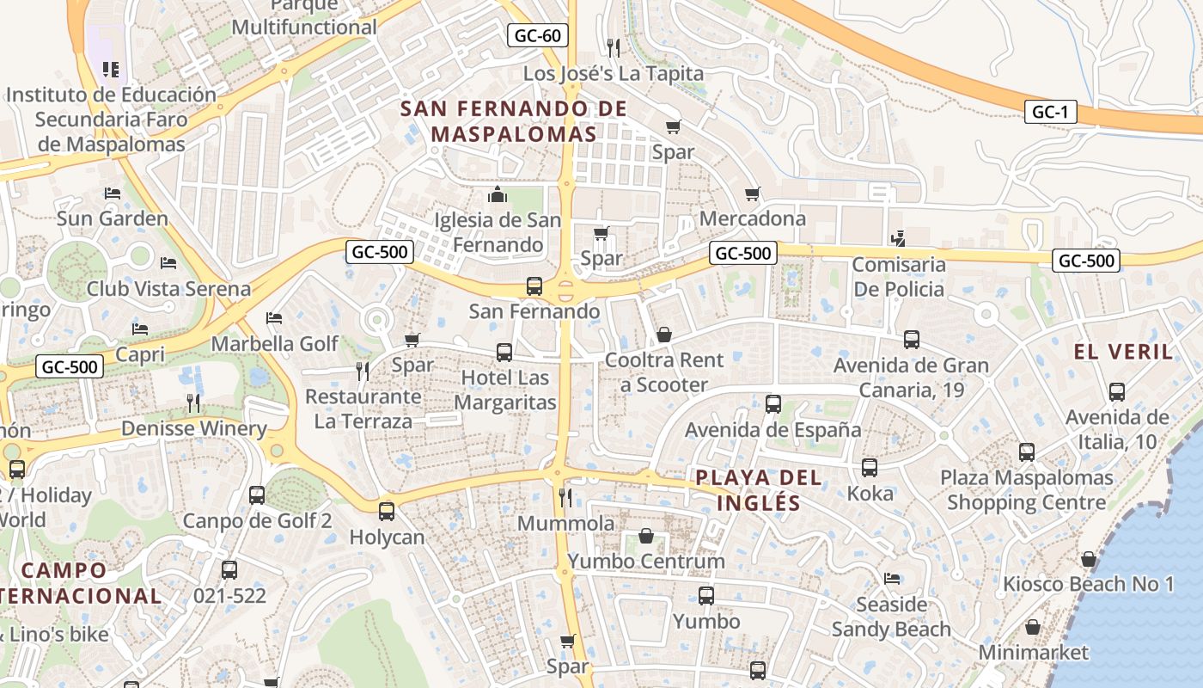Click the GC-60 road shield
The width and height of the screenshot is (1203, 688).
(538, 35)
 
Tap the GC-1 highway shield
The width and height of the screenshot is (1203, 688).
(1049, 112)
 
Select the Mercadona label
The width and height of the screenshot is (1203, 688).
(753, 218)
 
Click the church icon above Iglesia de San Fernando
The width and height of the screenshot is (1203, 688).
(498, 195)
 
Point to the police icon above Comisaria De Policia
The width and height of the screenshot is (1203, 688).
(898, 238)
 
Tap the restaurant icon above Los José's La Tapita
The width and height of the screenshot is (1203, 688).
(613, 46)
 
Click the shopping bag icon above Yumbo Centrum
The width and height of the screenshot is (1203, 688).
(646, 537)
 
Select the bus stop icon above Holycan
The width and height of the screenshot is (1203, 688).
(387, 512)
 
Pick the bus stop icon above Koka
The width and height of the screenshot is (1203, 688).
(870, 468)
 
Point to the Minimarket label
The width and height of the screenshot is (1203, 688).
(1034, 653)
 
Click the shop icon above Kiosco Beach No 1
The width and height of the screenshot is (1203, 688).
(1089, 560)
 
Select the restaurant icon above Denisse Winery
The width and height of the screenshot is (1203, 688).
(194, 402)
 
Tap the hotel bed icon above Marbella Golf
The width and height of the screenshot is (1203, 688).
(274, 319)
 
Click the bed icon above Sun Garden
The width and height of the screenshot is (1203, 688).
(113, 193)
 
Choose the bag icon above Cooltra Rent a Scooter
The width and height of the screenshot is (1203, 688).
(664, 335)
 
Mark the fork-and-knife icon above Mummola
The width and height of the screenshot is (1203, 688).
(565, 497)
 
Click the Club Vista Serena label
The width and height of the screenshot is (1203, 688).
(168, 289)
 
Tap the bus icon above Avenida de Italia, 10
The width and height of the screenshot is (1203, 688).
(1117, 392)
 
